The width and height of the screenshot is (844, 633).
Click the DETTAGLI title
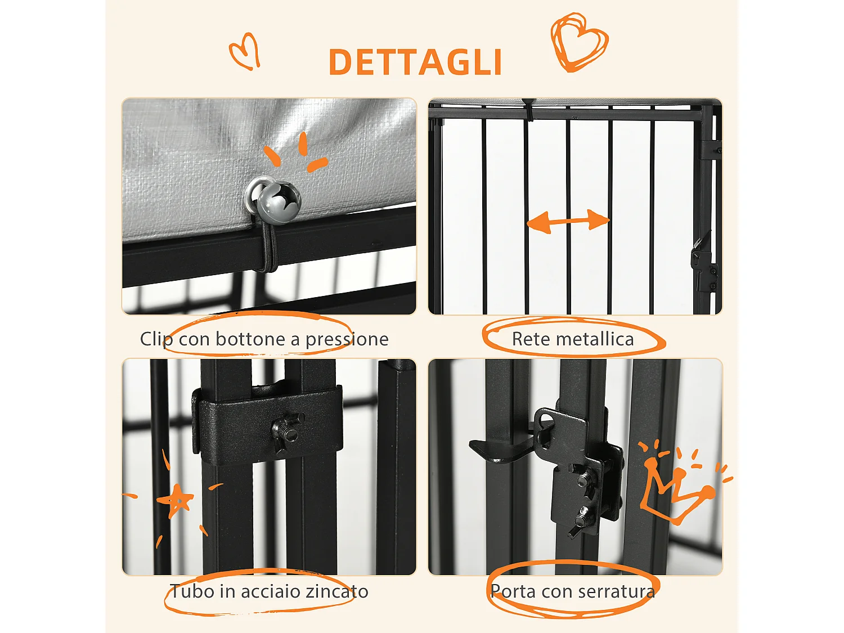click(x=415, y=62)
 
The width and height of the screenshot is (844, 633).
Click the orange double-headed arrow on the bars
click(x=568, y=221)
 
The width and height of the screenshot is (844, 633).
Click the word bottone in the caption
click(x=250, y=339)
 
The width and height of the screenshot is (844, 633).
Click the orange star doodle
click(x=175, y=500)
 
